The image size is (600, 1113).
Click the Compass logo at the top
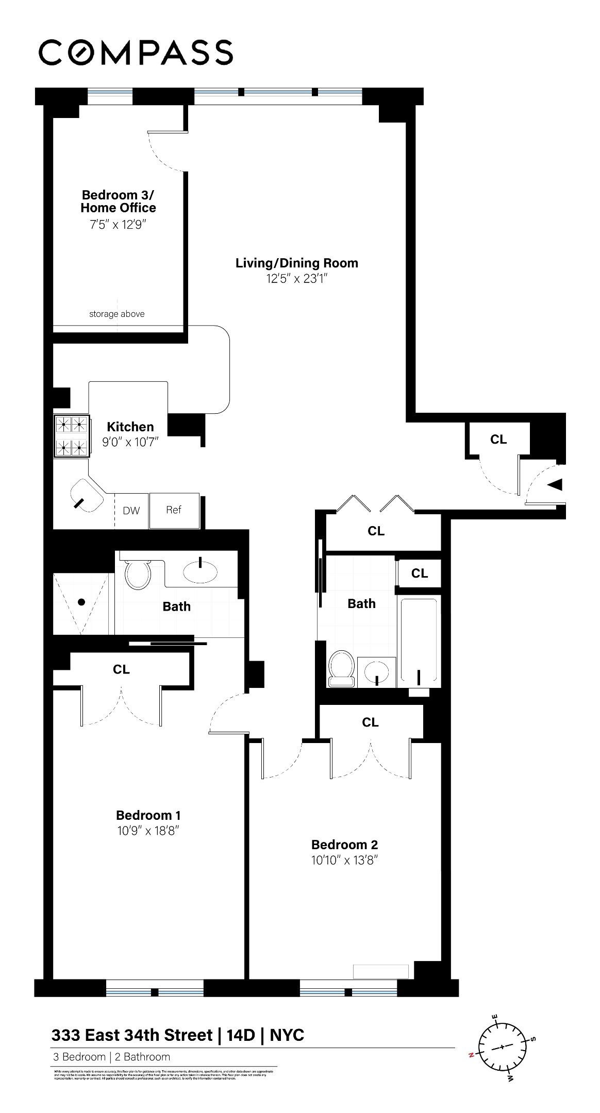tap(136, 52)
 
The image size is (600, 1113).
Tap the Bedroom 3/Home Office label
tap(118, 201)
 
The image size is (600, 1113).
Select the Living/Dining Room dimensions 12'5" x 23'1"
tap(296, 279)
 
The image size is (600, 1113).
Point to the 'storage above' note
tap(117, 314)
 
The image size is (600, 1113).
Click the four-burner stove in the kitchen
tap(72, 436)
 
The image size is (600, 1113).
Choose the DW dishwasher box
tap(131, 511)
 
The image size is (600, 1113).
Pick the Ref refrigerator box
tap(174, 510)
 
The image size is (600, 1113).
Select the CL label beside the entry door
tap(498, 440)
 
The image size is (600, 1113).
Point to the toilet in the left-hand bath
tap(138, 574)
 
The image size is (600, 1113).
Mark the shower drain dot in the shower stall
tap(81, 602)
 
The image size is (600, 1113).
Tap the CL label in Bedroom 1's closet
tap(121, 669)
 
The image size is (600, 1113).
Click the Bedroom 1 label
tap(148, 815)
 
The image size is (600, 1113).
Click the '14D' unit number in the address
tap(241, 1035)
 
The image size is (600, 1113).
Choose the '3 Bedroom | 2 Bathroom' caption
tap(111, 1057)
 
